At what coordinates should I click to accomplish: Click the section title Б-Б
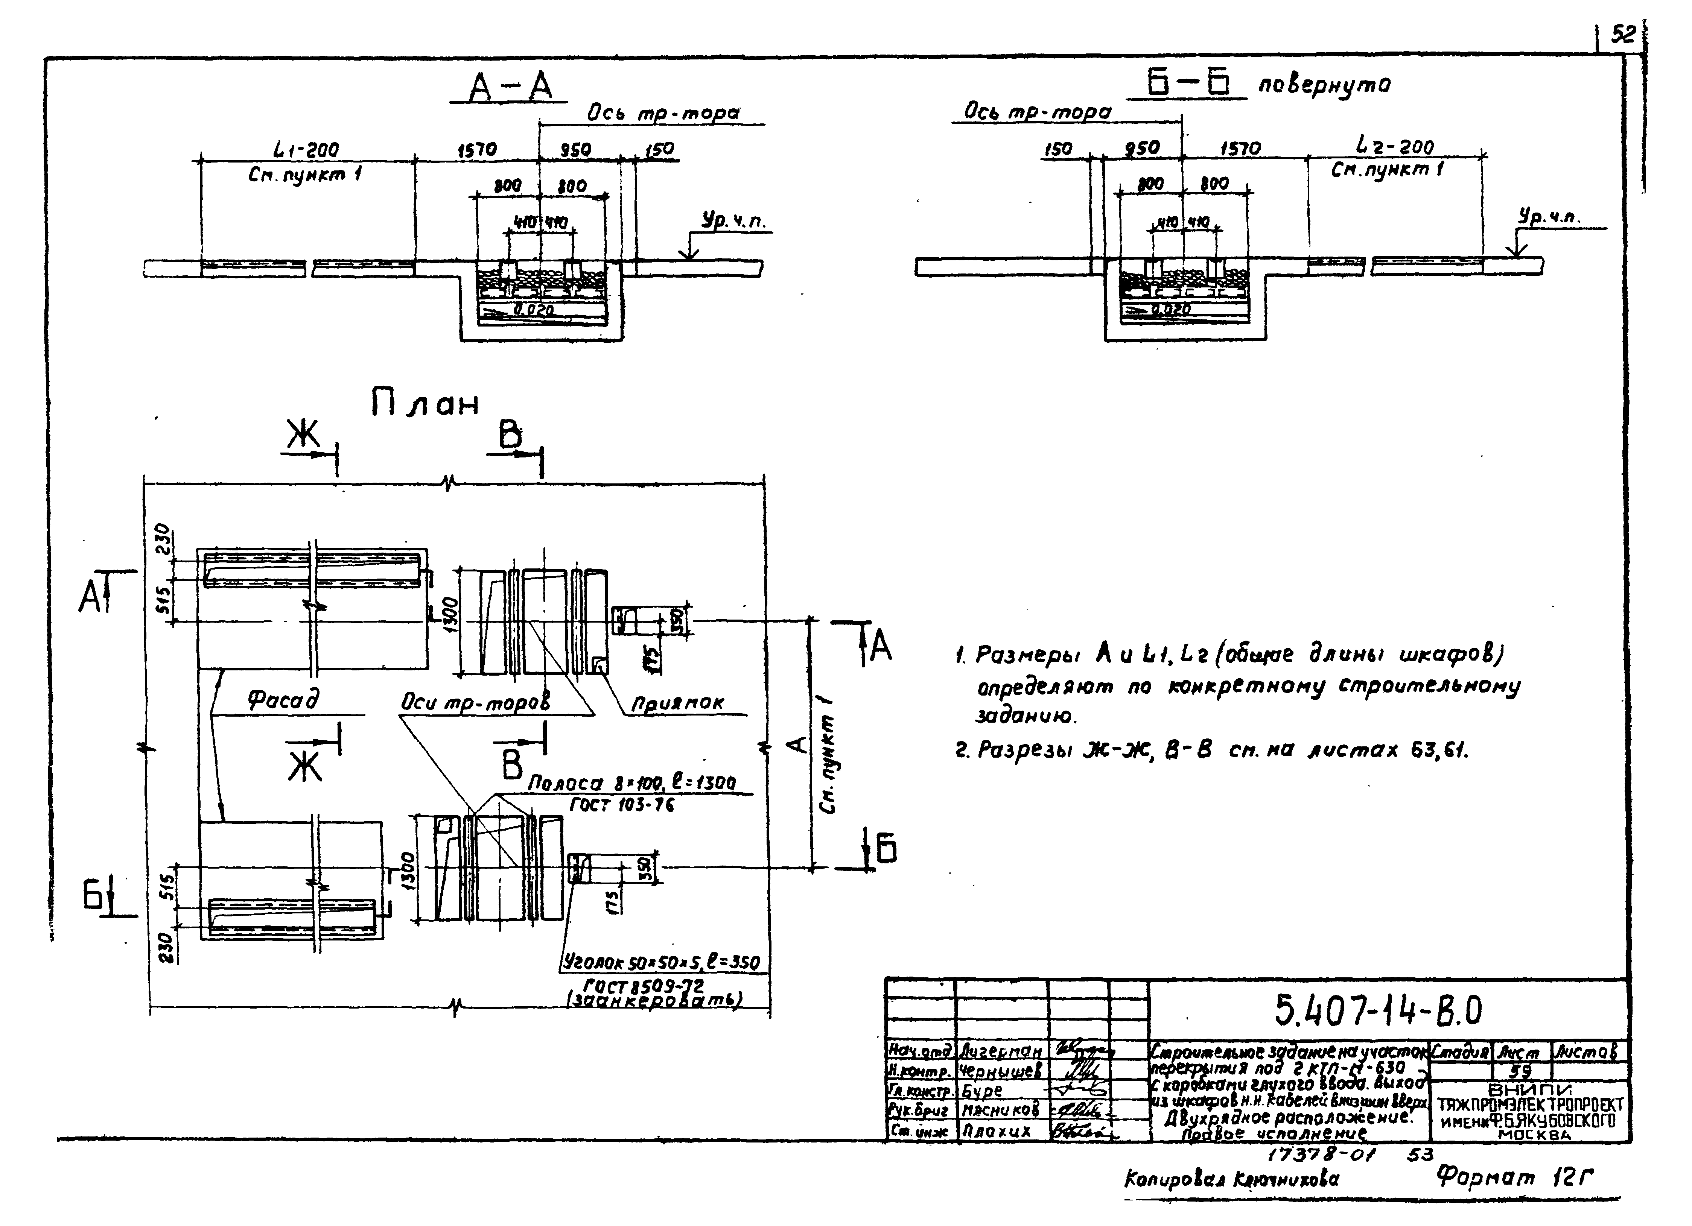[x=1186, y=85]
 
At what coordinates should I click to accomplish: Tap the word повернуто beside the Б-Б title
[x=1324, y=85]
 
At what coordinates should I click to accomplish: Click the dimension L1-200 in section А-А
[x=306, y=150]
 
